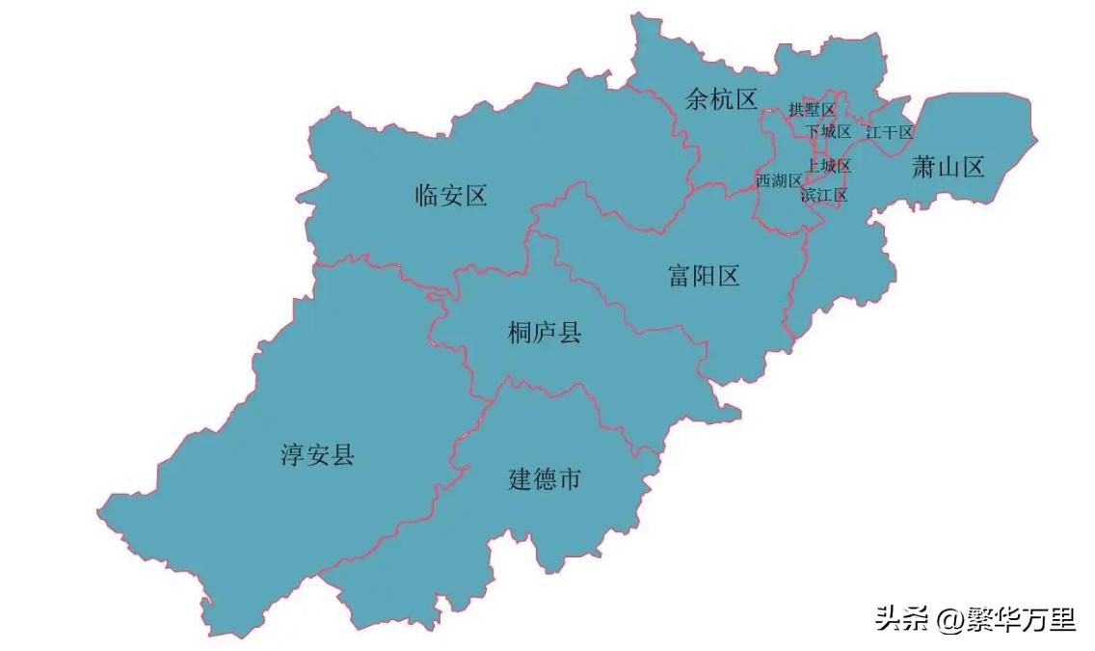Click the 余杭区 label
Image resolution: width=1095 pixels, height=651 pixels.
pyautogui.click(x=721, y=97)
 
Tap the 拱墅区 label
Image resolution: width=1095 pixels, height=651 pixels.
pyautogui.click(x=812, y=110)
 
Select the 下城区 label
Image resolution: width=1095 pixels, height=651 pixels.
pyautogui.click(x=829, y=131)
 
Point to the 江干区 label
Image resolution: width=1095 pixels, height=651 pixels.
pyautogui.click(x=889, y=132)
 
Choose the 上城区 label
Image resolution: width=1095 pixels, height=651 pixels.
pyautogui.click(x=829, y=166)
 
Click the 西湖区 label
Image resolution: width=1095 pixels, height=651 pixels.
pyautogui.click(x=779, y=180)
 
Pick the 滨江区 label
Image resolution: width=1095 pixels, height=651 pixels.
pyautogui.click(x=824, y=196)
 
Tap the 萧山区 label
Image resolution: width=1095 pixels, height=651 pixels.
pyautogui.click(x=948, y=168)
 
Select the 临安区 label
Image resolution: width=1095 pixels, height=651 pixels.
pyautogui.click(x=451, y=196)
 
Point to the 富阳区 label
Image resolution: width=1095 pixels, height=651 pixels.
pyautogui.click(x=704, y=277)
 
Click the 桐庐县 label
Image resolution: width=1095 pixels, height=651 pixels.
pyautogui.click(x=545, y=334)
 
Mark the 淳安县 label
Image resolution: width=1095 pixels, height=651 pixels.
pyautogui.click(x=317, y=454)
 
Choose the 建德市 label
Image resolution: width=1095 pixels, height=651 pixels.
pyautogui.click(x=545, y=478)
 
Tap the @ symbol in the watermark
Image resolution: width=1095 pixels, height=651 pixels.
pyautogui.click(x=949, y=618)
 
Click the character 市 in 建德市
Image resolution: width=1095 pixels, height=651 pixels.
pyautogui.click(x=570, y=478)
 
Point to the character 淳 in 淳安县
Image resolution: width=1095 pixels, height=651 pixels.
pyautogui.click(x=293, y=454)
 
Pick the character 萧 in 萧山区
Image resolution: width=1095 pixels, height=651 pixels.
pyautogui.click(x=923, y=168)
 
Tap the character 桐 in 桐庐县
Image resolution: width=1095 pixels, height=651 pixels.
pyautogui.click(x=521, y=334)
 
